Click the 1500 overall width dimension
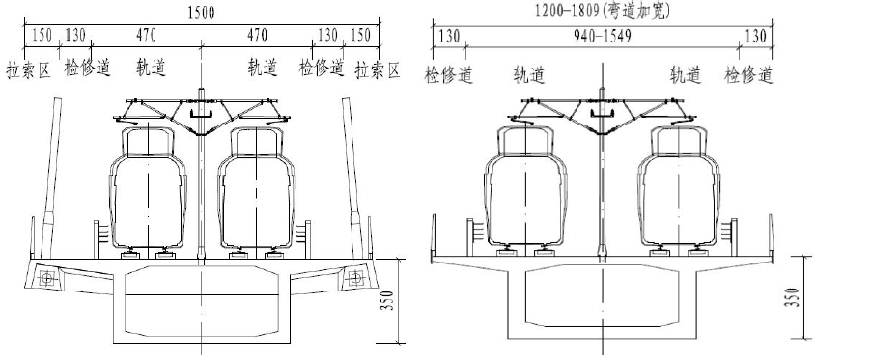[x=201, y=13]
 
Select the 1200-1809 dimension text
[x=568, y=10]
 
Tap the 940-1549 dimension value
[x=603, y=37]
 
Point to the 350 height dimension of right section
[x=794, y=297]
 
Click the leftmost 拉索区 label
[x=28, y=70]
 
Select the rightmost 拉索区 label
[x=378, y=70]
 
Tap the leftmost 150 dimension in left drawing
[x=42, y=36]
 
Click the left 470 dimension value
[x=146, y=36]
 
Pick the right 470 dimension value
[x=257, y=36]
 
